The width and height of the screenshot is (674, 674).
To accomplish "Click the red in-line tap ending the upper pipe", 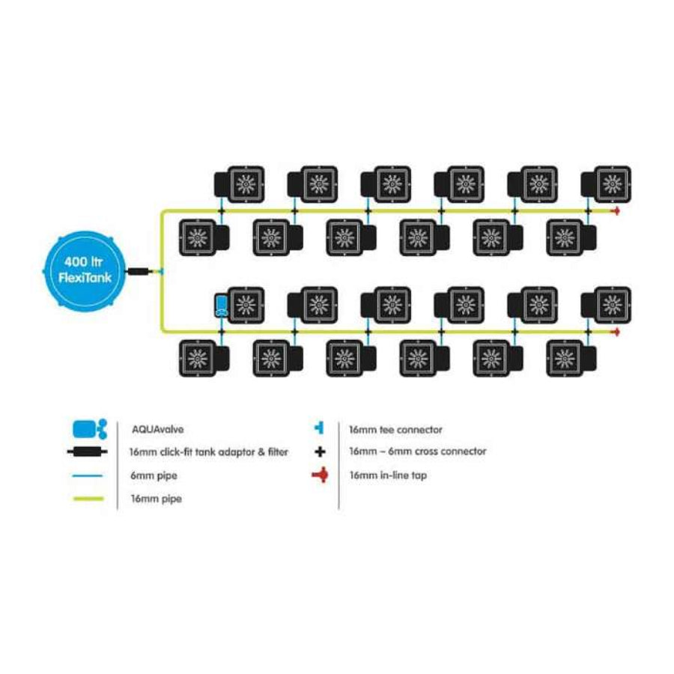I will coord(616,211).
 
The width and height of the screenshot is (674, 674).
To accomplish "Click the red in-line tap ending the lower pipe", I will coord(616,330).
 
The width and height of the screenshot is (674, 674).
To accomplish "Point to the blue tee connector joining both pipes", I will coord(160,271).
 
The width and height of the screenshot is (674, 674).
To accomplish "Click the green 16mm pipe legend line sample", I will coord(90,498).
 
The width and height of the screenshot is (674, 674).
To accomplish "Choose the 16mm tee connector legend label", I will coord(395,430).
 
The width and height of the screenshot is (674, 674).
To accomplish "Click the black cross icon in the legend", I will coord(320,452).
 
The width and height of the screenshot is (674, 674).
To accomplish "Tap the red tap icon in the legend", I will coord(320,475).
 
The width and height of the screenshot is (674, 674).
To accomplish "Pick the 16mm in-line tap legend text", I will coord(387,476).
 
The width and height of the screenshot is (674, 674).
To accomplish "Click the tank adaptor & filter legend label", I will coord(208,452).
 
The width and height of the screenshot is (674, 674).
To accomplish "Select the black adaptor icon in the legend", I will coord(90,452).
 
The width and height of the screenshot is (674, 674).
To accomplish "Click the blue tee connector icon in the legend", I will coord(320,428).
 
